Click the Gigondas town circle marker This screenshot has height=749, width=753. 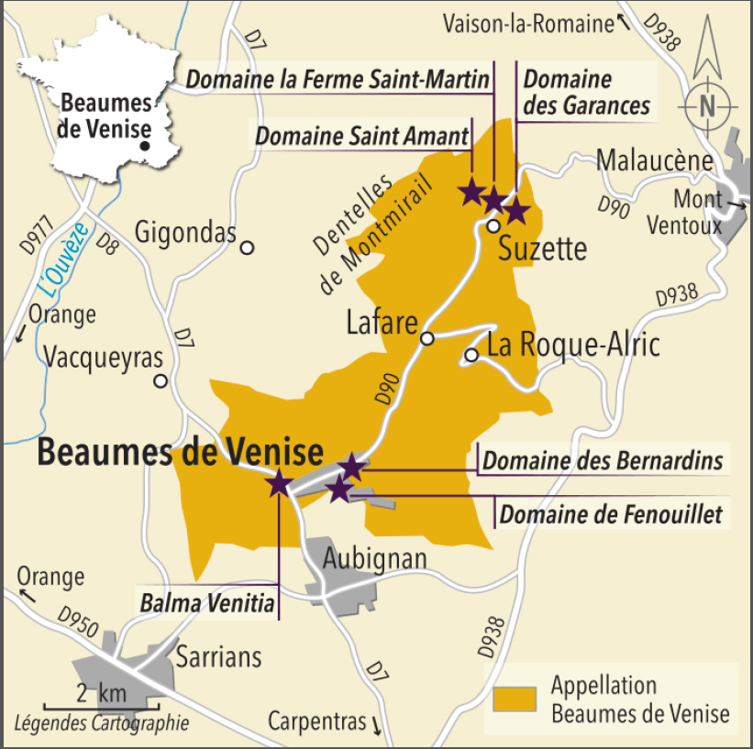pyautogui.click(x=246, y=247)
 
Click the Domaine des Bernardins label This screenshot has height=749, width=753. pyautogui.click(x=603, y=460)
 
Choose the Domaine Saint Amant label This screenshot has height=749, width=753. pyautogui.click(x=361, y=136)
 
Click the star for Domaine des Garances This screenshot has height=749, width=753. pyautogui.click(x=516, y=211)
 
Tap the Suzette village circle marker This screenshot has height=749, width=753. pyautogui.click(x=493, y=226)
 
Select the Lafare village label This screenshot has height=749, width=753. pyautogui.click(x=382, y=322)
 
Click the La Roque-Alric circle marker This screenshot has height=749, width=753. pyautogui.click(x=471, y=355)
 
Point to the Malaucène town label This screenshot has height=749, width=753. pyautogui.click(x=654, y=160)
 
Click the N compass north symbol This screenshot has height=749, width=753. pyautogui.click(x=707, y=105)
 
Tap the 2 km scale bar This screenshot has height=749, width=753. pyautogui.click(x=101, y=707)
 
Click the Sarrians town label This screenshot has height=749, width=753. pyautogui.click(x=218, y=656)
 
